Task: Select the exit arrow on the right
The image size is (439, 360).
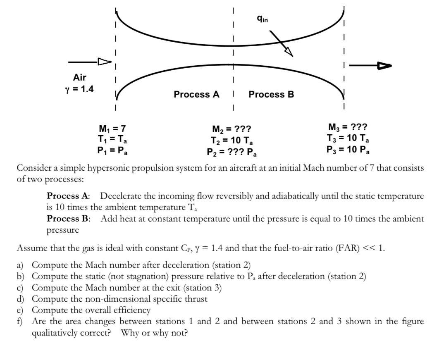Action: (x=370, y=65)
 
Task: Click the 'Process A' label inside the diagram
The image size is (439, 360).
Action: (x=196, y=95)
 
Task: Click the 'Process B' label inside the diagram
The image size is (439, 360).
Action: (x=271, y=95)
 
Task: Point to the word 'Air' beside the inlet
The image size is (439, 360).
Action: (x=80, y=77)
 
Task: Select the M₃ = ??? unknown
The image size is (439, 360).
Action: (x=348, y=128)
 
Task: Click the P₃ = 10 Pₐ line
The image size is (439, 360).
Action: (x=348, y=149)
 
